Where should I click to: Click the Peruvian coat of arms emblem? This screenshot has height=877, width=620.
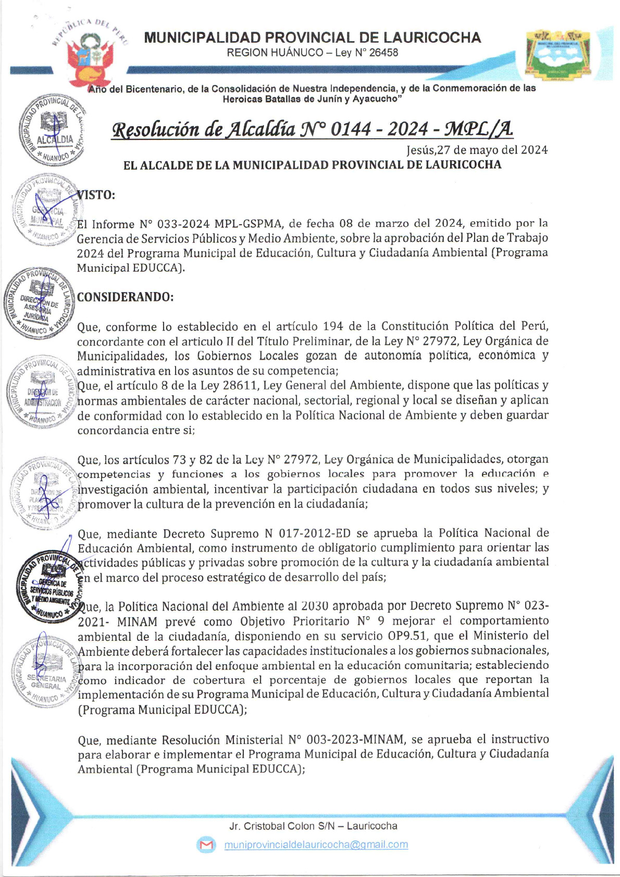(x=89, y=60)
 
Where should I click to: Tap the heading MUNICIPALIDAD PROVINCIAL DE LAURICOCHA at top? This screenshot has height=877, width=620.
(x=312, y=38)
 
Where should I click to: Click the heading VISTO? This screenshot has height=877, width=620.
(x=96, y=195)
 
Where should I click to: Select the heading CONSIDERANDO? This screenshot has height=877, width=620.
(x=125, y=297)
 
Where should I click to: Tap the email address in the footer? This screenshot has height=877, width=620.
(x=316, y=845)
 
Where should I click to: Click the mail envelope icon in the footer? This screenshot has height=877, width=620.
(x=206, y=845)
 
